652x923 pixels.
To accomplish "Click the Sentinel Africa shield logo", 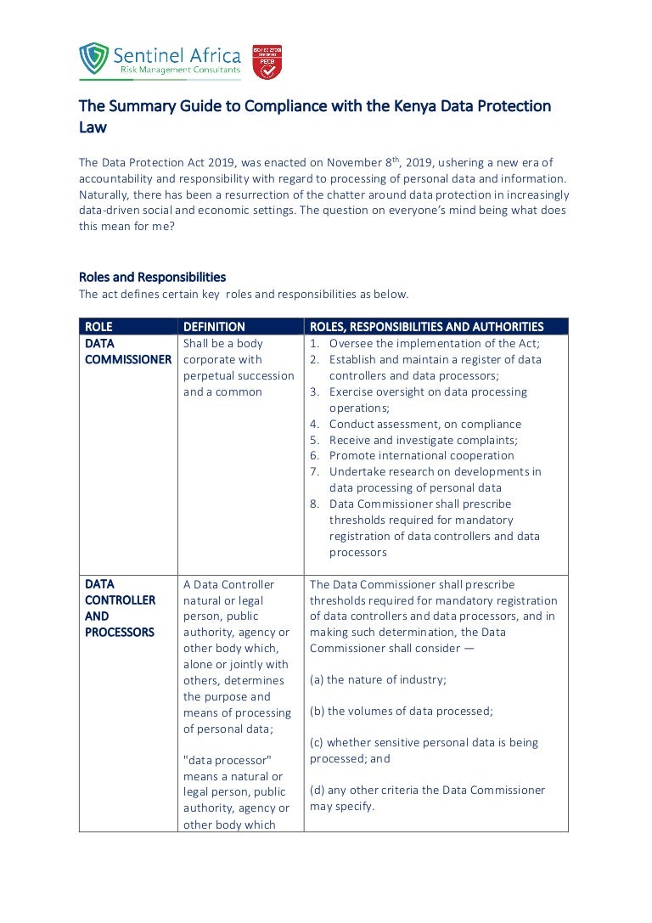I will click(x=93, y=59).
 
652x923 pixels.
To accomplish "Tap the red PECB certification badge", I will click(x=267, y=63).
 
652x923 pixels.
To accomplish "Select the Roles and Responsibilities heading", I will click(x=153, y=277).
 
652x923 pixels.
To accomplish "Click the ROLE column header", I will click(x=98, y=327).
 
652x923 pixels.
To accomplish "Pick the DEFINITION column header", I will click(x=214, y=327).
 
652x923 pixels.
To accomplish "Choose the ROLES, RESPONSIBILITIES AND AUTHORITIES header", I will click(x=426, y=327).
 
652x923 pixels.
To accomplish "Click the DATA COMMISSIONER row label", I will click(x=127, y=352).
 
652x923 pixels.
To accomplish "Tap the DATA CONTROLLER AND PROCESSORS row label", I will click(x=120, y=608).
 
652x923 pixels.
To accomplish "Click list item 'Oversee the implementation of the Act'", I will click(x=434, y=344).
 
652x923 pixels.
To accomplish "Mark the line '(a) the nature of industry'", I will click(x=378, y=679).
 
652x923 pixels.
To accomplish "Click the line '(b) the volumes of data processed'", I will click(x=401, y=711).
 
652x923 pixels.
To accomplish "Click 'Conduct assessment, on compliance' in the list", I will click(x=424, y=424).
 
